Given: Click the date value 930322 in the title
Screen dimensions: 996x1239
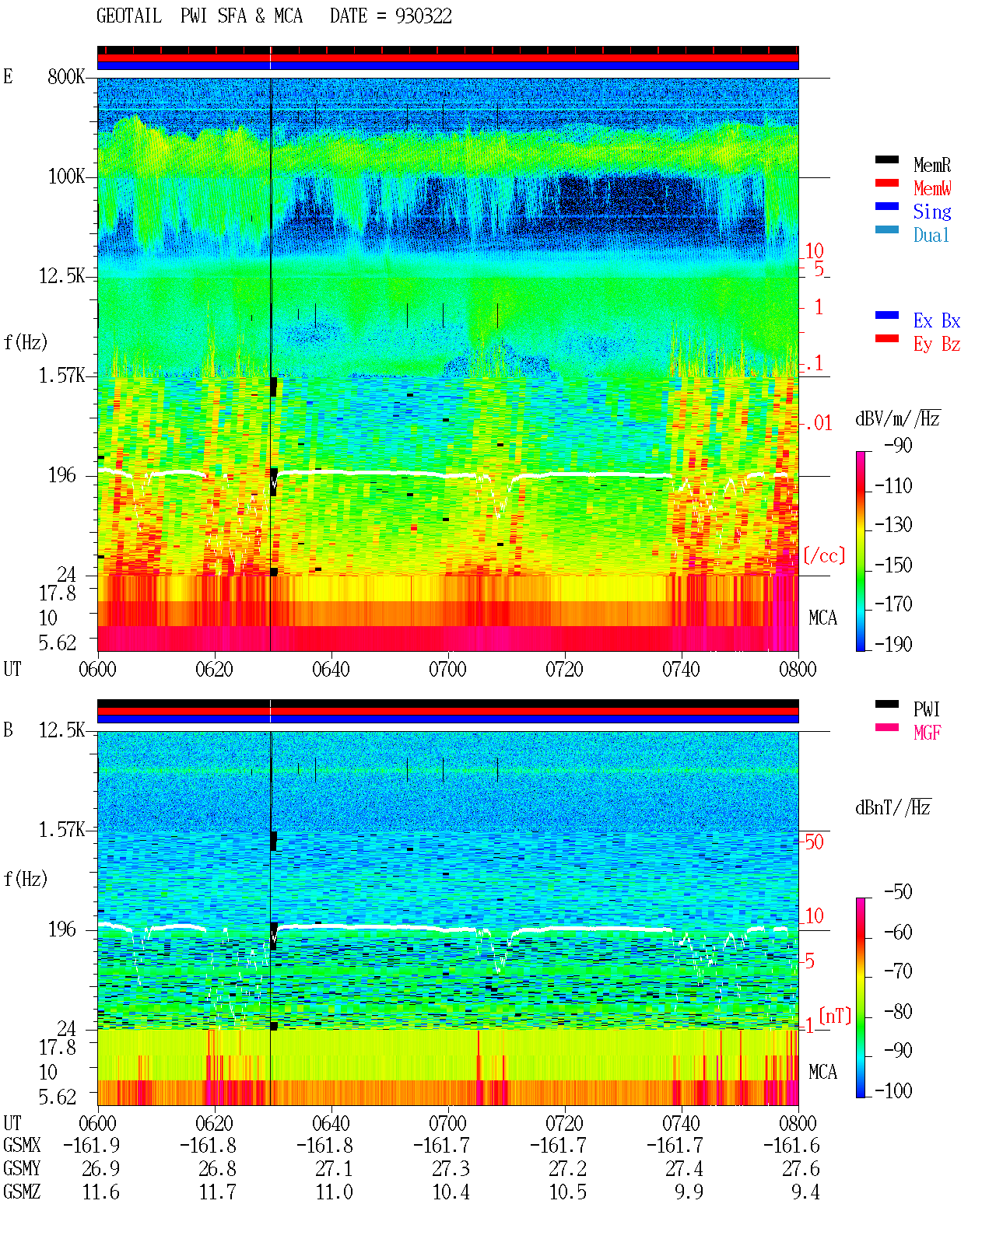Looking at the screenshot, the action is point(423,16).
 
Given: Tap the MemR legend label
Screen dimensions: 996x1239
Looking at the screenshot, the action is point(932,165).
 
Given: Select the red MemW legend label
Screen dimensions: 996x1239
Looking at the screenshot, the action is point(932,187).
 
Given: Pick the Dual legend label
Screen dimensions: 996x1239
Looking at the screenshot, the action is point(931,235).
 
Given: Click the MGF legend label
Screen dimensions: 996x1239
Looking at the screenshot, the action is point(927,733).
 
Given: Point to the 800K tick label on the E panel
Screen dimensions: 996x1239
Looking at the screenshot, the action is point(66,76).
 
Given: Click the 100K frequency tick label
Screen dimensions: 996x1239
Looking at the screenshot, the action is point(66,177).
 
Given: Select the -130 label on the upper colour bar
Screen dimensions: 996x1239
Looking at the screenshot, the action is point(893,524).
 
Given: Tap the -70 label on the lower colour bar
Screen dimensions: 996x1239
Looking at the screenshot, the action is point(898,971).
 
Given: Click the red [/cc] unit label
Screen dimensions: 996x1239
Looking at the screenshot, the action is point(824,555).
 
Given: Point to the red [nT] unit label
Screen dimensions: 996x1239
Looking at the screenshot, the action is point(835,1016).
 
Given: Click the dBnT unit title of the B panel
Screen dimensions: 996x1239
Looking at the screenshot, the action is point(893,808).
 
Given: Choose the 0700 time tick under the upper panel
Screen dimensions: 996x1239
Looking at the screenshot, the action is point(447,669).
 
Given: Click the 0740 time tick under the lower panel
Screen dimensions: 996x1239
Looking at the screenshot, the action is point(681,1122).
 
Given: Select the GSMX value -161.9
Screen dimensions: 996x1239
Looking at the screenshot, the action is point(92,1145).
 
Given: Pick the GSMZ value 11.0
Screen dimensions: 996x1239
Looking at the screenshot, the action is point(334,1192).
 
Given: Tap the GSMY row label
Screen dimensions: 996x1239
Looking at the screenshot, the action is point(22,1168).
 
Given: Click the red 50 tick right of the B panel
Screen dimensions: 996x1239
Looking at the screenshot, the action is point(814,842).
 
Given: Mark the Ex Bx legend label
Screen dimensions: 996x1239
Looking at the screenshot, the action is point(937,320).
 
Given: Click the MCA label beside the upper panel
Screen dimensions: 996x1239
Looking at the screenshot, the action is point(822,618).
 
